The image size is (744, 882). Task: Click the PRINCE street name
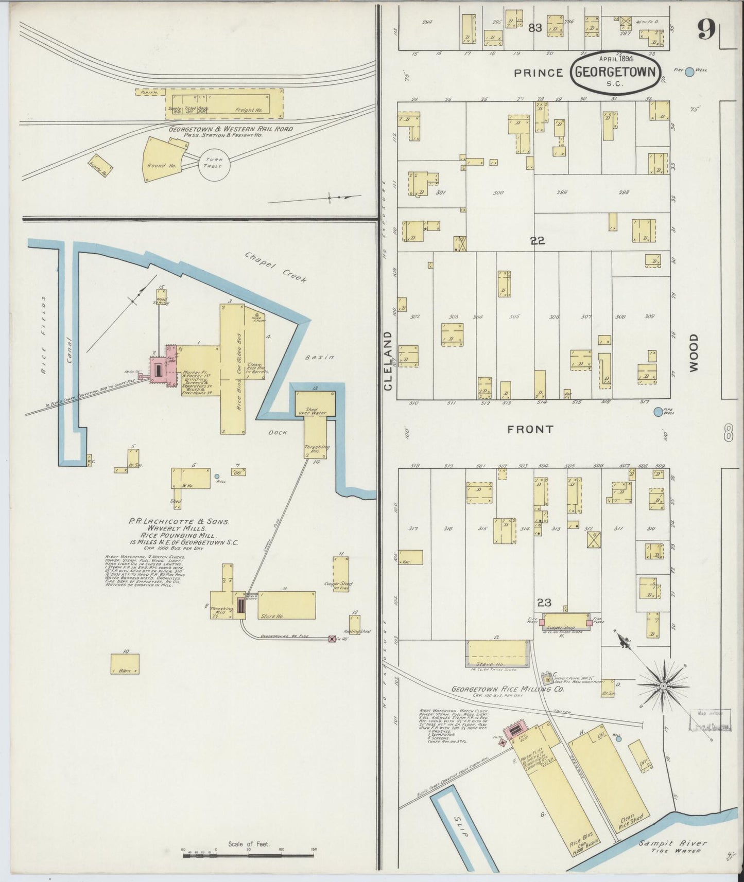pyautogui.click(x=539, y=73)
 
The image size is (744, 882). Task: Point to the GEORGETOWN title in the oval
pyautogui.click(x=616, y=72)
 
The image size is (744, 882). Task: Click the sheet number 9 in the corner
pyautogui.click(x=706, y=30)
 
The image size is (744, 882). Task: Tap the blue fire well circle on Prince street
pyautogui.click(x=689, y=72)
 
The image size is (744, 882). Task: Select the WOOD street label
pyautogui.click(x=694, y=352)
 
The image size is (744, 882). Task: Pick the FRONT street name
pyautogui.click(x=530, y=429)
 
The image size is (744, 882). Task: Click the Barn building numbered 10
pyautogui.click(x=125, y=664)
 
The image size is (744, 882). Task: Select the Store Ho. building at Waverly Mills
pyautogui.click(x=286, y=605)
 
